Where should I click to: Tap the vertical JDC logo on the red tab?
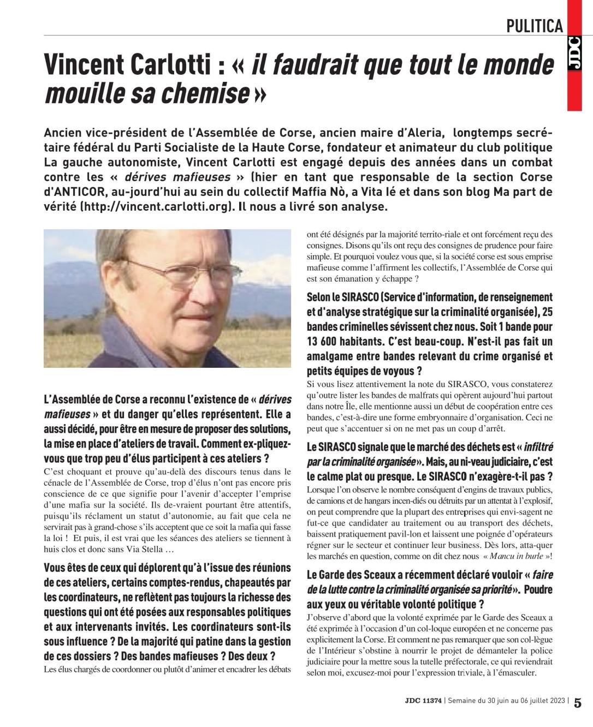(x=573, y=54)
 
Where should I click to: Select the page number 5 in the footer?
(x=578, y=702)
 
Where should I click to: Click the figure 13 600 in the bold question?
(x=328, y=342)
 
